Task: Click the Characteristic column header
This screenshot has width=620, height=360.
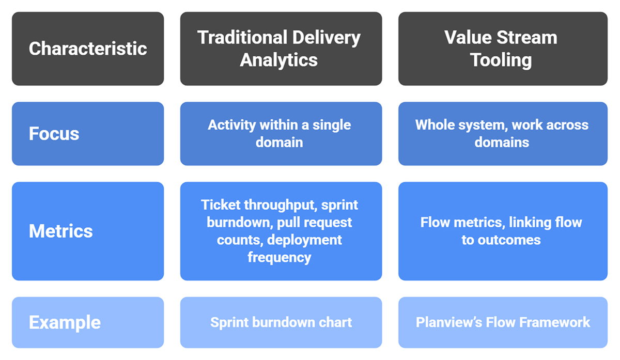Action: tap(88, 49)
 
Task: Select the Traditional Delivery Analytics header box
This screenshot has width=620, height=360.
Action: tap(281, 49)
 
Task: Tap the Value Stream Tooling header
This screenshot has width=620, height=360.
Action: tap(502, 49)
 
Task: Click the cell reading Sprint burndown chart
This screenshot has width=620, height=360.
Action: tap(281, 322)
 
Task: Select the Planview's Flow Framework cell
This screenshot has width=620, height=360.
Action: tap(502, 322)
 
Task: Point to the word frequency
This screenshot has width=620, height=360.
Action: tap(279, 257)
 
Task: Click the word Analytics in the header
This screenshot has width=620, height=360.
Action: tap(278, 60)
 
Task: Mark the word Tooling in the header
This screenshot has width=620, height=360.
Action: tap(501, 60)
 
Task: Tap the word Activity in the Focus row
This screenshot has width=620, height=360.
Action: tap(231, 125)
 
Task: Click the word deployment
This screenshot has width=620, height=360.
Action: tap(304, 240)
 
